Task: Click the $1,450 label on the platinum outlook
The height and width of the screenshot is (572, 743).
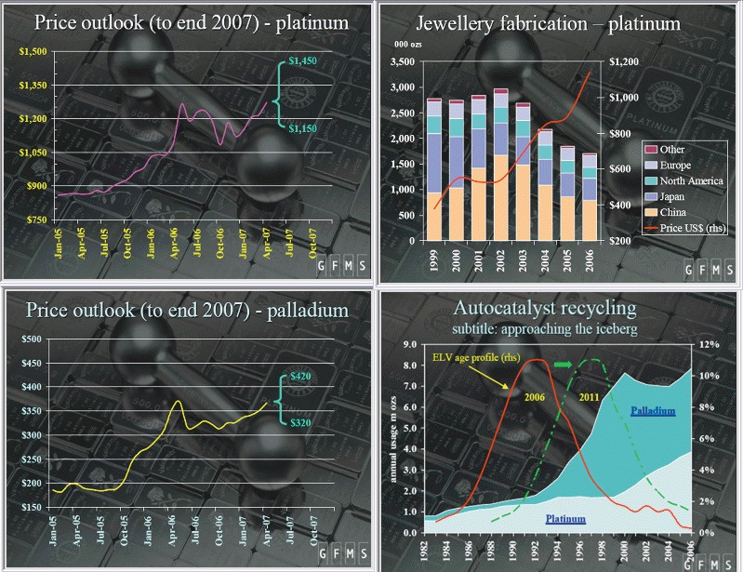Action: pos(303,61)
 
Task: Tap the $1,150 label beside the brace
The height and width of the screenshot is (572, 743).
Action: pos(303,127)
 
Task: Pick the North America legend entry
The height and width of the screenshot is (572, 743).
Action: pos(685,180)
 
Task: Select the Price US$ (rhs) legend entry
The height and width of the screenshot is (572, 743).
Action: pos(686,228)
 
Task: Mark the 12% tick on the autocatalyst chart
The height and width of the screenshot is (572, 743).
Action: pos(710,344)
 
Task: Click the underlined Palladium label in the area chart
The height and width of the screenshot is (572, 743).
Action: pos(652,410)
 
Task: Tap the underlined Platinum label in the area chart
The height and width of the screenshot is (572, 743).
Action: pos(564,519)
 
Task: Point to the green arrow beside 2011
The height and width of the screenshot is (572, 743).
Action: pos(564,364)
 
